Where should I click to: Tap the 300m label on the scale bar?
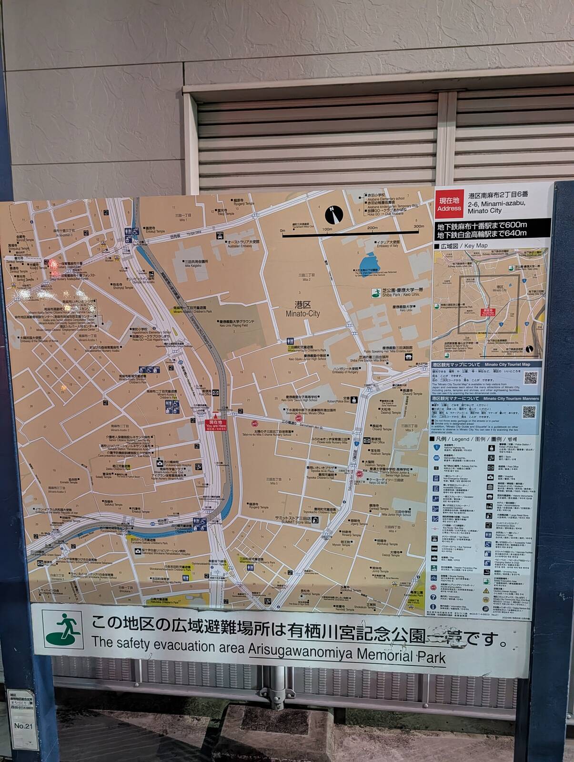tap(418, 227)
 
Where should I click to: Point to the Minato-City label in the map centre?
tap(303, 310)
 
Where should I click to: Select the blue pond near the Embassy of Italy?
tap(367, 262)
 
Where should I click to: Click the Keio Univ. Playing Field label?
tap(237, 323)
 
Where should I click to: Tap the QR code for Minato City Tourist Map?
tap(531, 378)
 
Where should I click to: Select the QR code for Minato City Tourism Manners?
tap(529, 411)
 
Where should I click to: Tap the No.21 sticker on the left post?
tap(22, 726)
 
